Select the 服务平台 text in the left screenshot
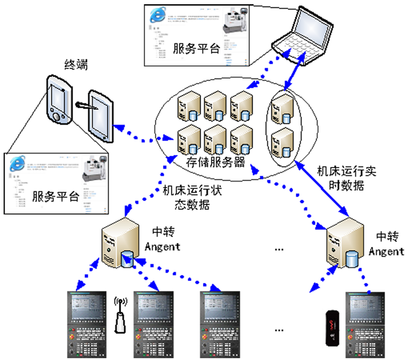[56, 197]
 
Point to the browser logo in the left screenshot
[17, 163]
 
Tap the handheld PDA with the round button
[58, 102]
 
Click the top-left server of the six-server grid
[187, 107]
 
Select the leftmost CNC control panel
[89, 324]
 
